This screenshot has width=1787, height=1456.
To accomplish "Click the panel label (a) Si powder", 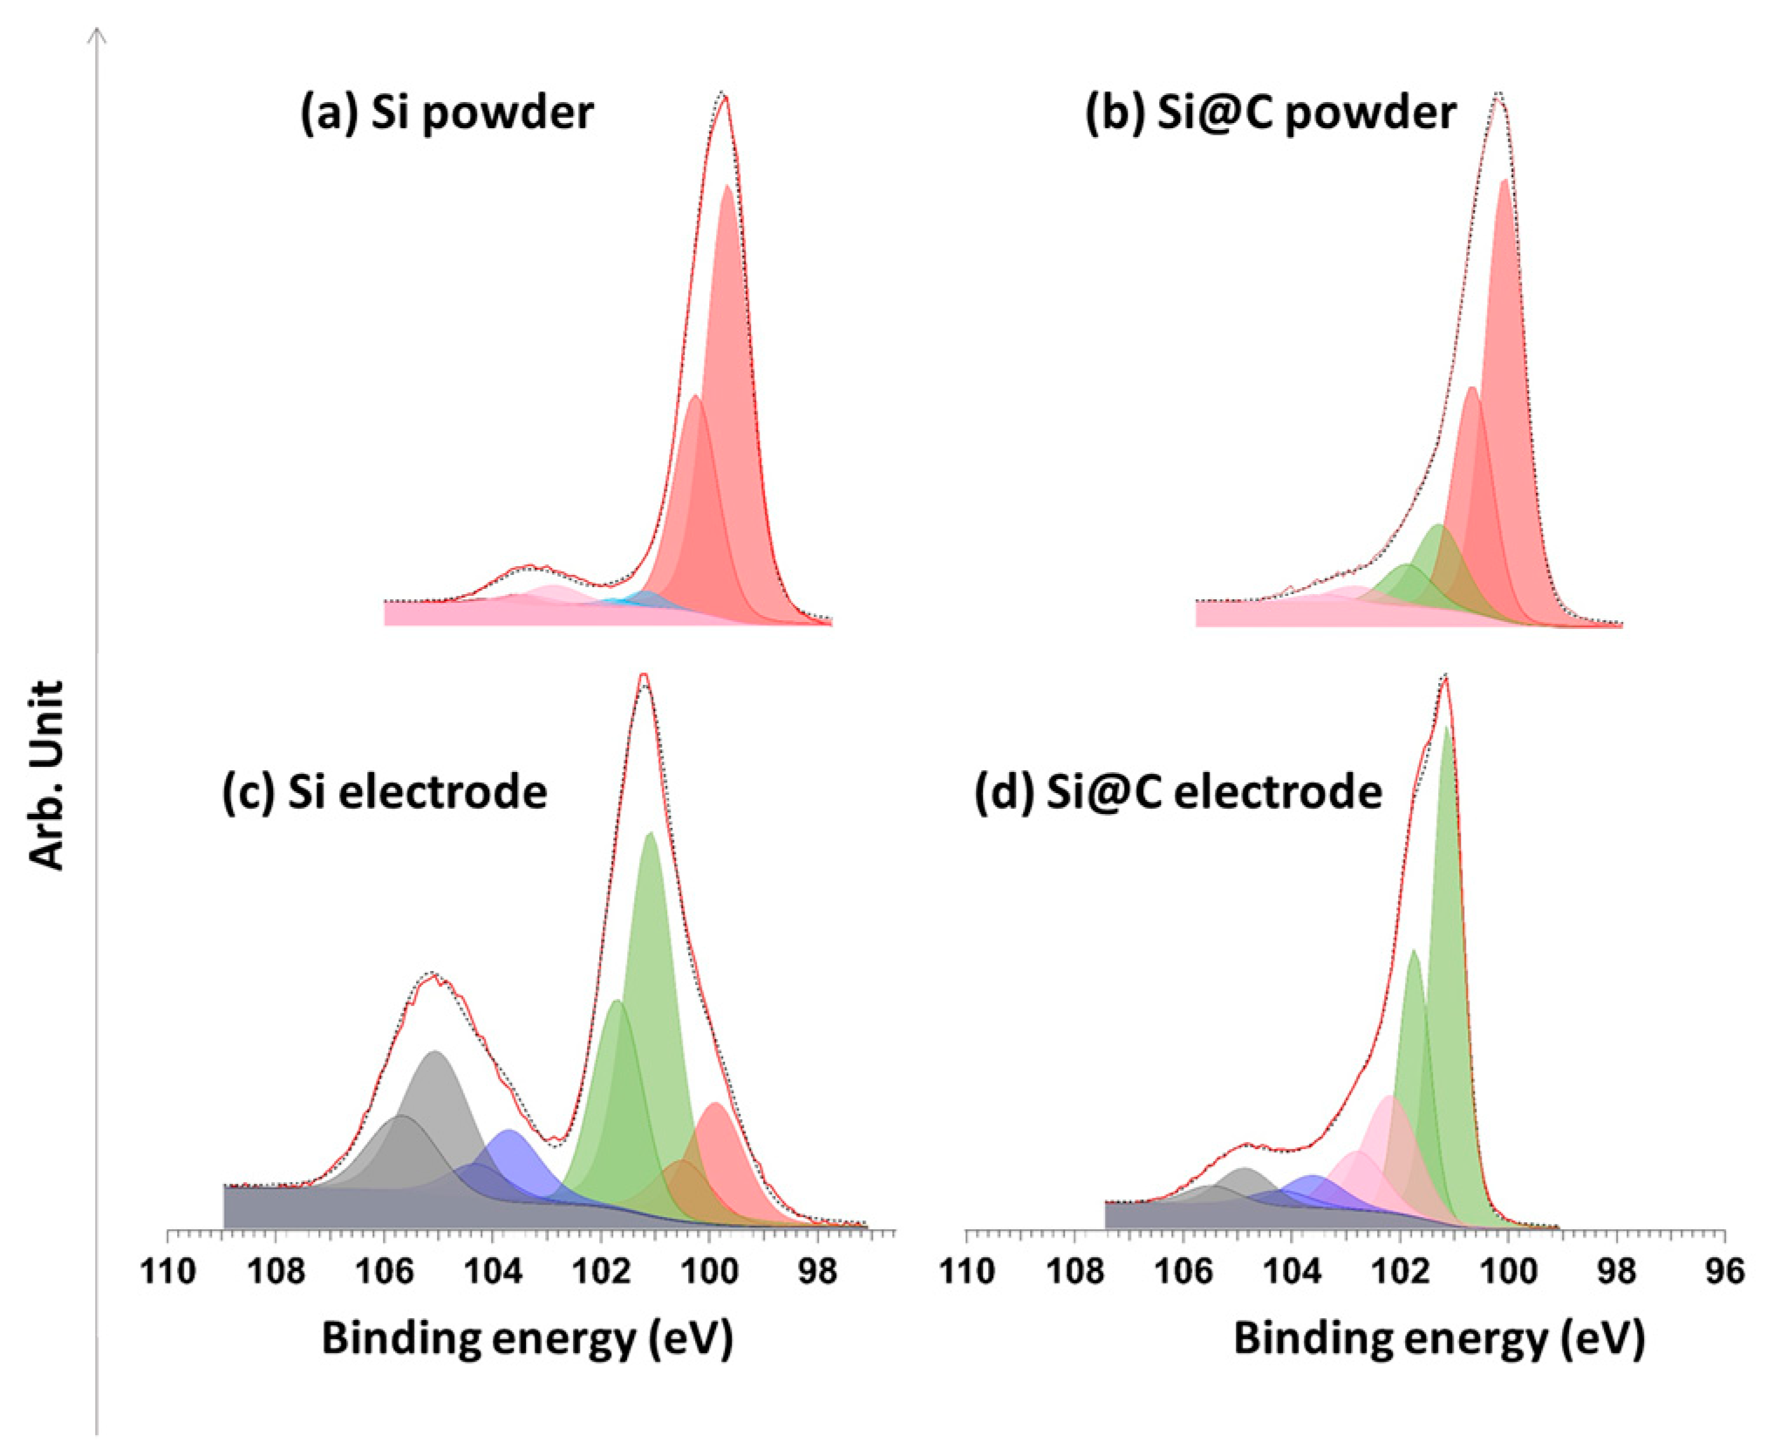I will [x=447, y=113].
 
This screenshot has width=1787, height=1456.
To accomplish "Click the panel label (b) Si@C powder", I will [x=1270, y=113].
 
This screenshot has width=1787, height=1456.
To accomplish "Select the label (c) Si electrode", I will [x=385, y=792].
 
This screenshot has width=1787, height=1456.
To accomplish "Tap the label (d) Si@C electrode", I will [x=1178, y=792].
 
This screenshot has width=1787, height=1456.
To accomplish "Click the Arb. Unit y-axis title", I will [x=47, y=775].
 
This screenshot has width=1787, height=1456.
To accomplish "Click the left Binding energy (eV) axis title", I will [x=527, y=1338].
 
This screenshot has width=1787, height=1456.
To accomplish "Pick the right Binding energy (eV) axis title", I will [x=1438, y=1338].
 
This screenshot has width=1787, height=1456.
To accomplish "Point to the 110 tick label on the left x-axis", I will [x=167, y=1272].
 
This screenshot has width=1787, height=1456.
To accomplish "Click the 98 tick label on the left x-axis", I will [x=817, y=1272].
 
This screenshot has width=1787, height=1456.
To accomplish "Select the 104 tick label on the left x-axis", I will [x=493, y=1272].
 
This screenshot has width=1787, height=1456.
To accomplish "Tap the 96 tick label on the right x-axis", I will [x=1724, y=1272].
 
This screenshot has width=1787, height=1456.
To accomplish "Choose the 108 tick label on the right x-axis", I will [x=1074, y=1272].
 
